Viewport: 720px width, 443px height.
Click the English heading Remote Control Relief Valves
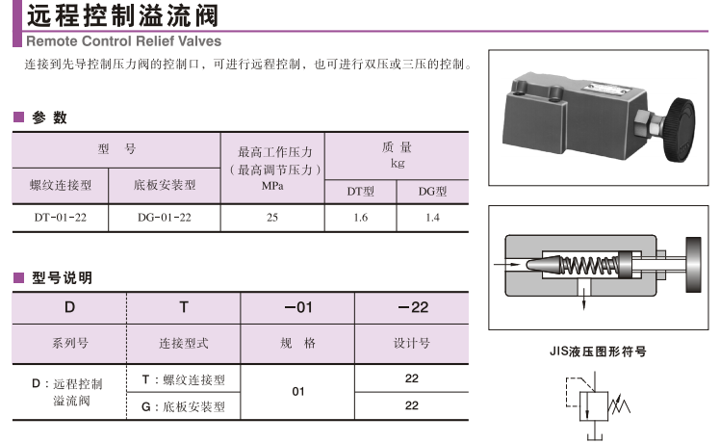coord(122,41)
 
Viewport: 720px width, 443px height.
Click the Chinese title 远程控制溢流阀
coord(122,15)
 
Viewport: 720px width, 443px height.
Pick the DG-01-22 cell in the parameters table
coord(165,218)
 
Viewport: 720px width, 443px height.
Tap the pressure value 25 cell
coord(272,218)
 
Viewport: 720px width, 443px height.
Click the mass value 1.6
coord(361,218)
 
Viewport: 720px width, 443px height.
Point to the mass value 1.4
coord(432,218)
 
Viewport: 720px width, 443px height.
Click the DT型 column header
coord(361,191)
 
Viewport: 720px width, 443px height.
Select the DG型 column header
coord(432,191)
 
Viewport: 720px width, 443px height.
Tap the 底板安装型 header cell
coord(165,184)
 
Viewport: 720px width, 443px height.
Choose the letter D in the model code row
coord(69,308)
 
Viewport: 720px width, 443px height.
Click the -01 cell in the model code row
coord(298,308)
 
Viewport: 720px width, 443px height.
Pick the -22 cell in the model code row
coord(412,308)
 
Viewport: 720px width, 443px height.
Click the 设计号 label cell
coord(412,343)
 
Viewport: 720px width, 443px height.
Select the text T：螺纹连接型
coord(183,380)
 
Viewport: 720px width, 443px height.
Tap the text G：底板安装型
coord(183,406)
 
